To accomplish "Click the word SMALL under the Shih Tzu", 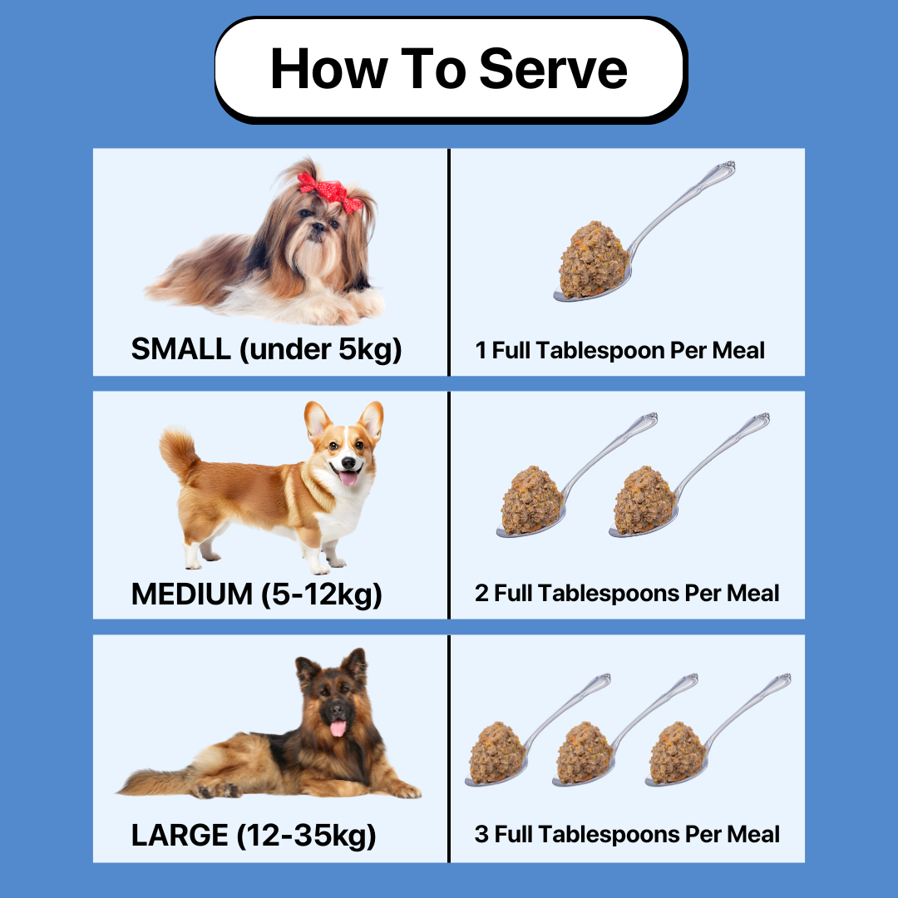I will [180, 349].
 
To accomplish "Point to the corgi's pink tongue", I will [348, 476].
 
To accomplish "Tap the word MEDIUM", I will [191, 594].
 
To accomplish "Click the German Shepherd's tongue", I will [338, 728].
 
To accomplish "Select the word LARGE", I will [180, 835].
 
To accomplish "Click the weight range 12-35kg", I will [307, 835].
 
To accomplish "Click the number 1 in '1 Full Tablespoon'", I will [481, 350].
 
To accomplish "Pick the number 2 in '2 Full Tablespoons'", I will [481, 594].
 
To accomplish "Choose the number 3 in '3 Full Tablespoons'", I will [481, 834].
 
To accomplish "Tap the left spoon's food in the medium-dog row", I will [532, 500].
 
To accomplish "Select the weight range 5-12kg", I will [321, 594].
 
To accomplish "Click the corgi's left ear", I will [317, 420].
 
